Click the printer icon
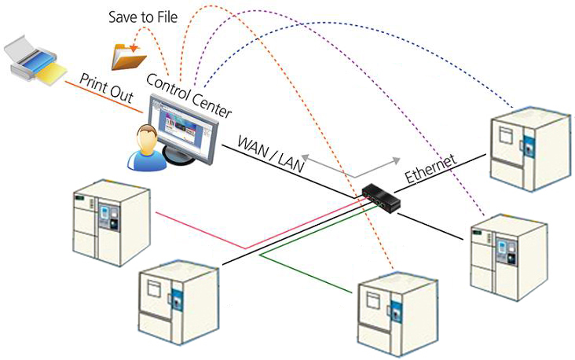tap(35, 63)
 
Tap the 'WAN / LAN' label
tap(271, 149)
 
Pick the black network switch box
tap(382, 197)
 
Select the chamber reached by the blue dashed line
tap(529, 149)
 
